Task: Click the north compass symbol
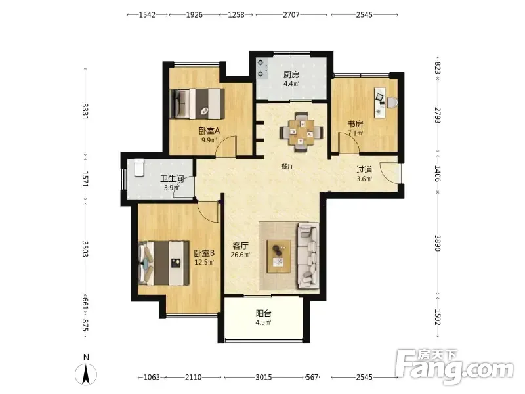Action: pos(86,372)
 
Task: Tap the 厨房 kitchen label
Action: pos(291,75)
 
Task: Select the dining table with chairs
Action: pos(302,133)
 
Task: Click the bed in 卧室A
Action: pos(196,103)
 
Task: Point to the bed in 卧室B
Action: pos(163,263)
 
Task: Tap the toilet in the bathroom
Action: pos(139,167)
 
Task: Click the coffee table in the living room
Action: pos(278,256)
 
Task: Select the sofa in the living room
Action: pos(307,255)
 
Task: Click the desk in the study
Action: pos(380,102)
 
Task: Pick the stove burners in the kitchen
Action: pos(261,68)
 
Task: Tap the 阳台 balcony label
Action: pos(264,314)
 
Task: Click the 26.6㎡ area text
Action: pos(240,255)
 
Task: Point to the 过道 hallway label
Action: pos(364,170)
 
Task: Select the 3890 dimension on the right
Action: pos(438,243)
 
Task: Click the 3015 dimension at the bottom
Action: pos(264,377)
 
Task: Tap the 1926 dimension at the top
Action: pos(194,14)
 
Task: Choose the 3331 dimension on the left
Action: pos(85,112)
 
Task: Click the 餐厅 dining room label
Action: pos(287,166)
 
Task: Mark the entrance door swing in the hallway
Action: pos(390,173)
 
